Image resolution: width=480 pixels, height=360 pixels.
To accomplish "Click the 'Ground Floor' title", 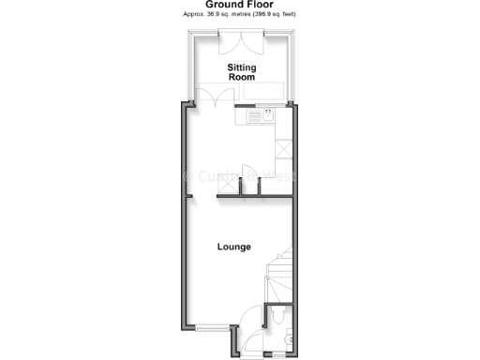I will pyautogui.click(x=240, y=5).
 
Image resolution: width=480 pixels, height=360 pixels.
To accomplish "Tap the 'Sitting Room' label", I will pyautogui.click(x=243, y=73).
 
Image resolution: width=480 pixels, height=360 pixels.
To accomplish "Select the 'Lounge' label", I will pyautogui.click(x=234, y=247).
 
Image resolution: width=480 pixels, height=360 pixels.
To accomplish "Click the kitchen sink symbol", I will pyautogui.click(x=267, y=116).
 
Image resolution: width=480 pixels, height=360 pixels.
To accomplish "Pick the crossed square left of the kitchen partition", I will pyautogui.click(x=226, y=187).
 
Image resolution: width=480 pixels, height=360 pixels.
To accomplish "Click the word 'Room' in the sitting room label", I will pyautogui.click(x=243, y=79).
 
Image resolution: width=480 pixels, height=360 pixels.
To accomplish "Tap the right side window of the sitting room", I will pyautogui.click(x=293, y=66).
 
